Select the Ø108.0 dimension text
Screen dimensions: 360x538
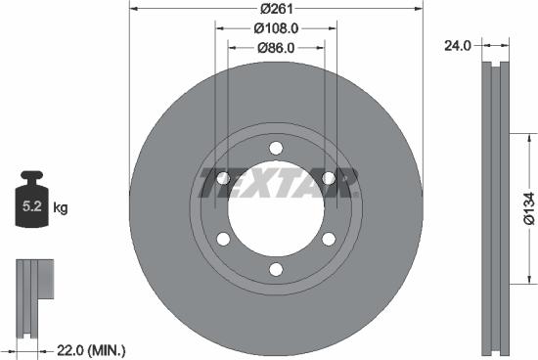coord(276,28)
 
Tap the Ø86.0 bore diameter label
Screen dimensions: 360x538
coord(276,46)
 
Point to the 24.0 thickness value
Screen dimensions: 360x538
coord(457,44)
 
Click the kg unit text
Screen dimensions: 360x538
coord(61,207)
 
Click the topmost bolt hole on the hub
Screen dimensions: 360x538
coord(276,147)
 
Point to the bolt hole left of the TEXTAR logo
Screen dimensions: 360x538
coord(223,178)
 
